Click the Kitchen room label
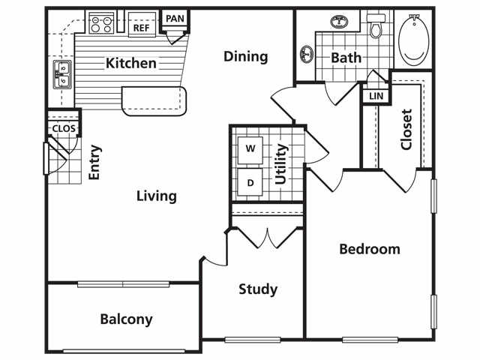click(x=131, y=63)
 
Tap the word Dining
click(x=246, y=57)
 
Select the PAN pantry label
click(x=175, y=19)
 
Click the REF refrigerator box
click(x=142, y=25)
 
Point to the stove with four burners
click(x=101, y=23)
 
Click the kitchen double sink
click(x=63, y=75)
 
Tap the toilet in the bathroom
click(x=376, y=25)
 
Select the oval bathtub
click(x=414, y=39)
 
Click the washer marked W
click(x=250, y=150)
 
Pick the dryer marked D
click(x=250, y=182)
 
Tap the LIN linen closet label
click(x=376, y=96)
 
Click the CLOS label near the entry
click(x=64, y=128)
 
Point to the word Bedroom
click(x=370, y=249)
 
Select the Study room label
click(x=258, y=289)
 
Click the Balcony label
click(x=126, y=319)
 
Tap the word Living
click(x=157, y=196)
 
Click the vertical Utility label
click(x=281, y=164)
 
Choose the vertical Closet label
click(x=406, y=130)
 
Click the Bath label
click(x=346, y=58)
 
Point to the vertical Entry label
click(x=94, y=162)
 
